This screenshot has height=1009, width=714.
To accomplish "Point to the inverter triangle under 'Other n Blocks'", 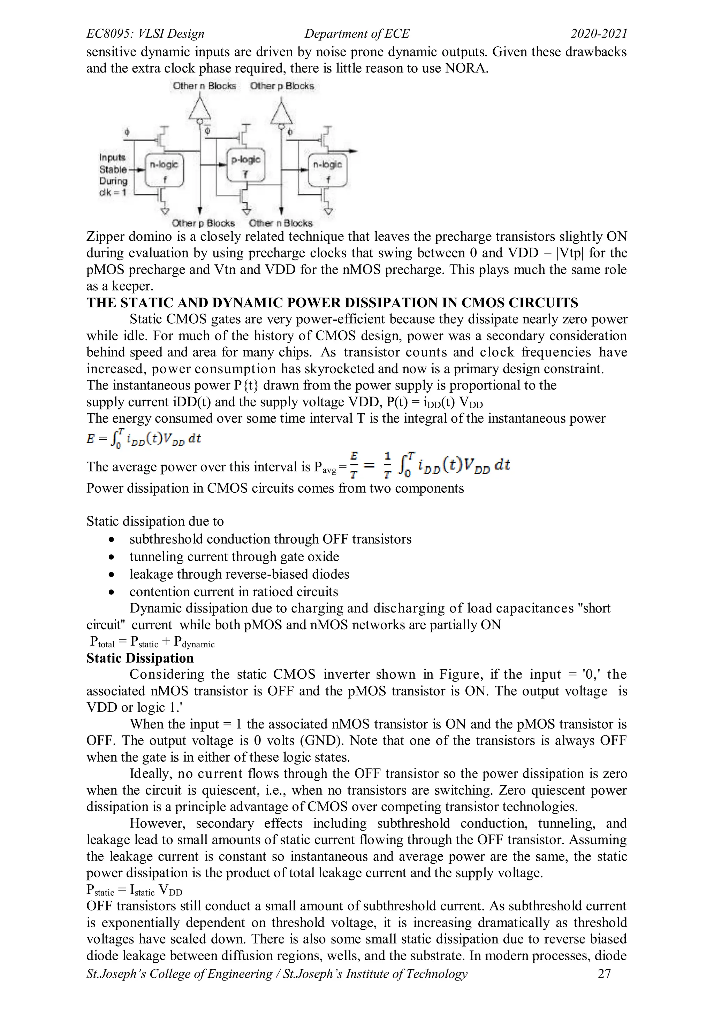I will pos(200,108).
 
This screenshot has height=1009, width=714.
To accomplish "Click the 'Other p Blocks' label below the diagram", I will pos(203,223).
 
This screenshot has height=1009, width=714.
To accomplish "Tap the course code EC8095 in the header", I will pos(108,33).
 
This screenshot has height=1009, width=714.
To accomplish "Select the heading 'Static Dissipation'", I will pos(140,658).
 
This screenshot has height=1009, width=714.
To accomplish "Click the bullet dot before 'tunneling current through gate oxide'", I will pos(113,557).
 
